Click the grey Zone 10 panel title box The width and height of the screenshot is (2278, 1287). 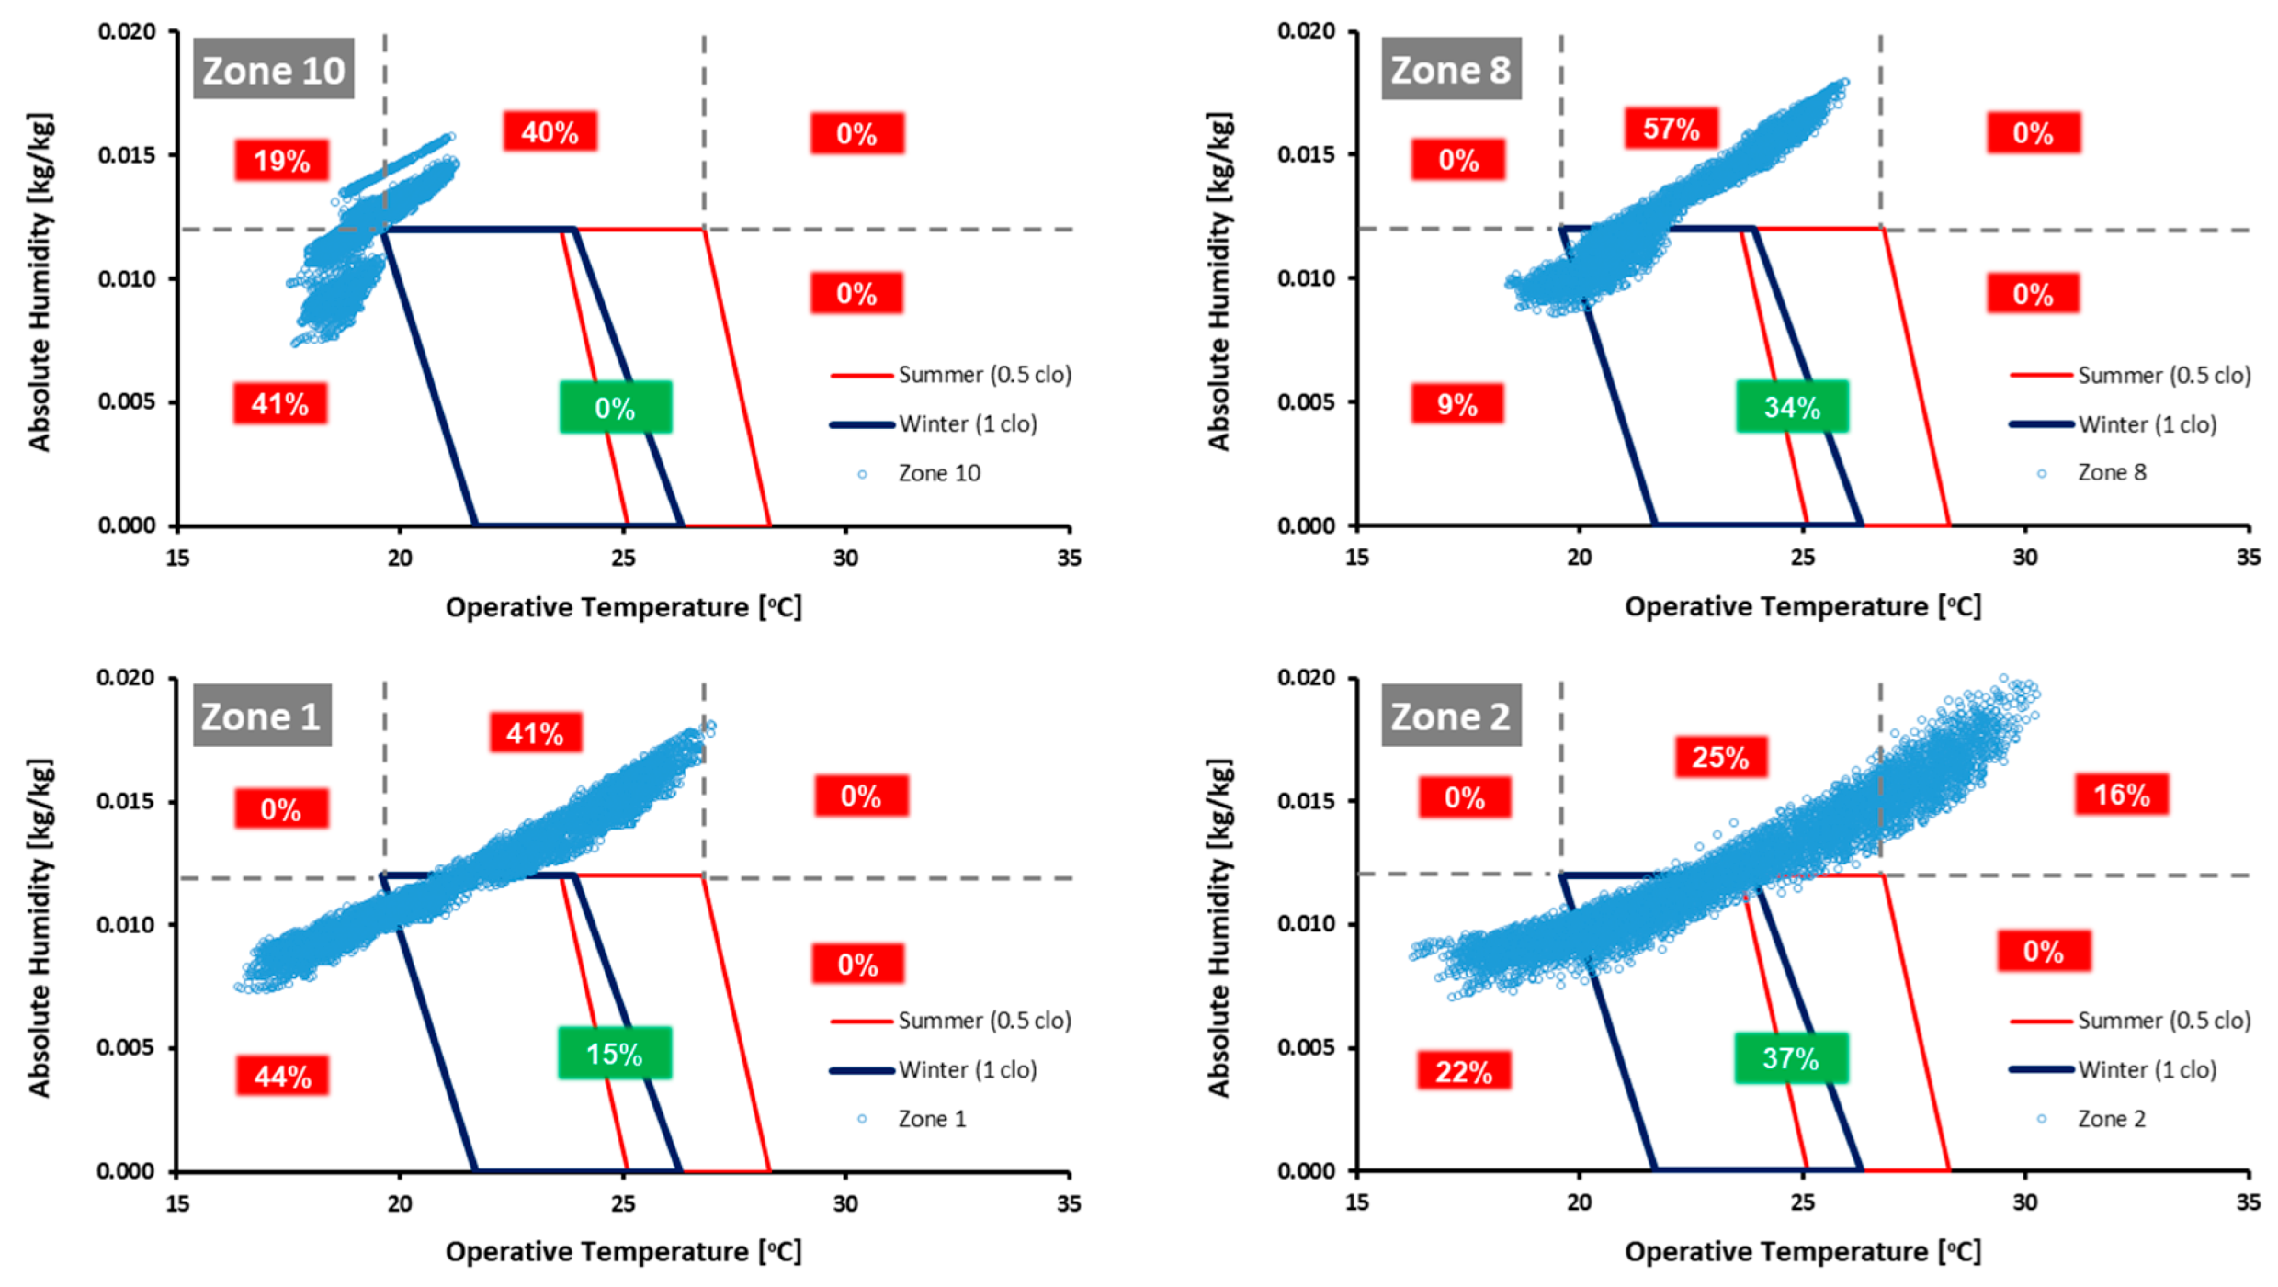tap(273, 70)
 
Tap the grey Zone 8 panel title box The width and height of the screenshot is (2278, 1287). tap(1450, 70)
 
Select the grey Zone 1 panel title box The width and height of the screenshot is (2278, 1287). tap(261, 716)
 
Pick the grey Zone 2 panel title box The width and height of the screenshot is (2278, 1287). tap(1450, 716)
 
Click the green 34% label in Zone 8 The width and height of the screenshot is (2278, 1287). tap(1791, 406)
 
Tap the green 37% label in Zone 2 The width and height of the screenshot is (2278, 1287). tap(1790, 1058)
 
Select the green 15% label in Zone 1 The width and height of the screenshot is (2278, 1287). tap(614, 1053)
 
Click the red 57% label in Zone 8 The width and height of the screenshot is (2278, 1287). tap(1671, 129)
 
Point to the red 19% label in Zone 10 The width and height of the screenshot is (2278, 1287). tap(281, 161)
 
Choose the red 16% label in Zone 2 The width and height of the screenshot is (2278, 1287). tap(2121, 795)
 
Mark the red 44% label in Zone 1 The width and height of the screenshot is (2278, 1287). tap(282, 1076)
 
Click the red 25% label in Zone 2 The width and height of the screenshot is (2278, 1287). tap(1720, 757)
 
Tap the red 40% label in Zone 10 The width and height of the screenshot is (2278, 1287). tap(550, 132)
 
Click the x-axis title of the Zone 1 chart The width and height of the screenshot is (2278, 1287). tap(623, 1251)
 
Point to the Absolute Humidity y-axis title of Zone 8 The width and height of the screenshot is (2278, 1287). tap(1218, 281)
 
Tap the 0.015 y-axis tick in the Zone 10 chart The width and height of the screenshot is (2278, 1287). tap(127, 154)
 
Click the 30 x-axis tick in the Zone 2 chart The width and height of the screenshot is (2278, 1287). tap(2025, 1202)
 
